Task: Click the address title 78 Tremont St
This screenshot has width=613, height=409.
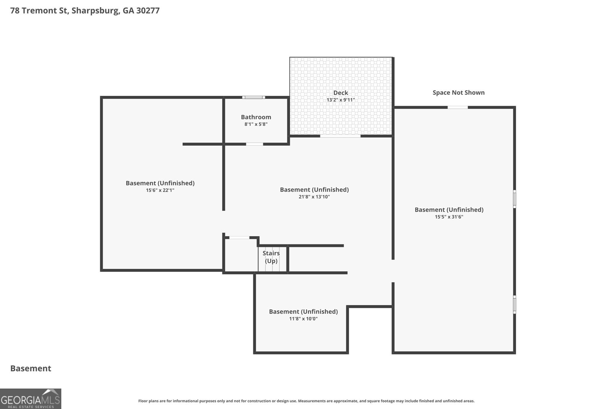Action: point(39,10)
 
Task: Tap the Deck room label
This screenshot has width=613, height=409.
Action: point(341,93)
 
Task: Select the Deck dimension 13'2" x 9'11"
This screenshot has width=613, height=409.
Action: point(341,100)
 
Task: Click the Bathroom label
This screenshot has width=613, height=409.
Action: point(256,117)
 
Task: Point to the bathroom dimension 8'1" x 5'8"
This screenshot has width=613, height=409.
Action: point(256,124)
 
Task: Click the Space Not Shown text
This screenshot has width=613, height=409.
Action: point(458,92)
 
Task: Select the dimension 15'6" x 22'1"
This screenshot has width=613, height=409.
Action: point(160,190)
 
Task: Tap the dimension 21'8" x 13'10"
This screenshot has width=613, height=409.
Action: point(314,197)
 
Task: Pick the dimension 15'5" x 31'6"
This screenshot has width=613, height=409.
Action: point(449,217)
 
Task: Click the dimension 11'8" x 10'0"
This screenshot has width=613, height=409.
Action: point(303,319)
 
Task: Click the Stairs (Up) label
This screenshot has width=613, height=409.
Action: point(271,257)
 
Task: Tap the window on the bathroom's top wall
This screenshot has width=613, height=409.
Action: point(253,97)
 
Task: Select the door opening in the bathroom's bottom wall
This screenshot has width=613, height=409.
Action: point(254,144)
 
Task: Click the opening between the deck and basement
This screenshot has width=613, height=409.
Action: point(340,136)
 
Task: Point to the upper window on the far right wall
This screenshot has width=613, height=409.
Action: point(515,199)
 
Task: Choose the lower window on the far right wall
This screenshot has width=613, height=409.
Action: point(515,304)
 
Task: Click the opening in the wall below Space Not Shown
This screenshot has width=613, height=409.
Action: point(457,108)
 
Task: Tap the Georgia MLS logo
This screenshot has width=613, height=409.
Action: point(31,399)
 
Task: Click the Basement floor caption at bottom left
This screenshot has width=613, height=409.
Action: point(31,368)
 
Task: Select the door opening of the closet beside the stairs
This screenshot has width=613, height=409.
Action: point(239,238)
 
